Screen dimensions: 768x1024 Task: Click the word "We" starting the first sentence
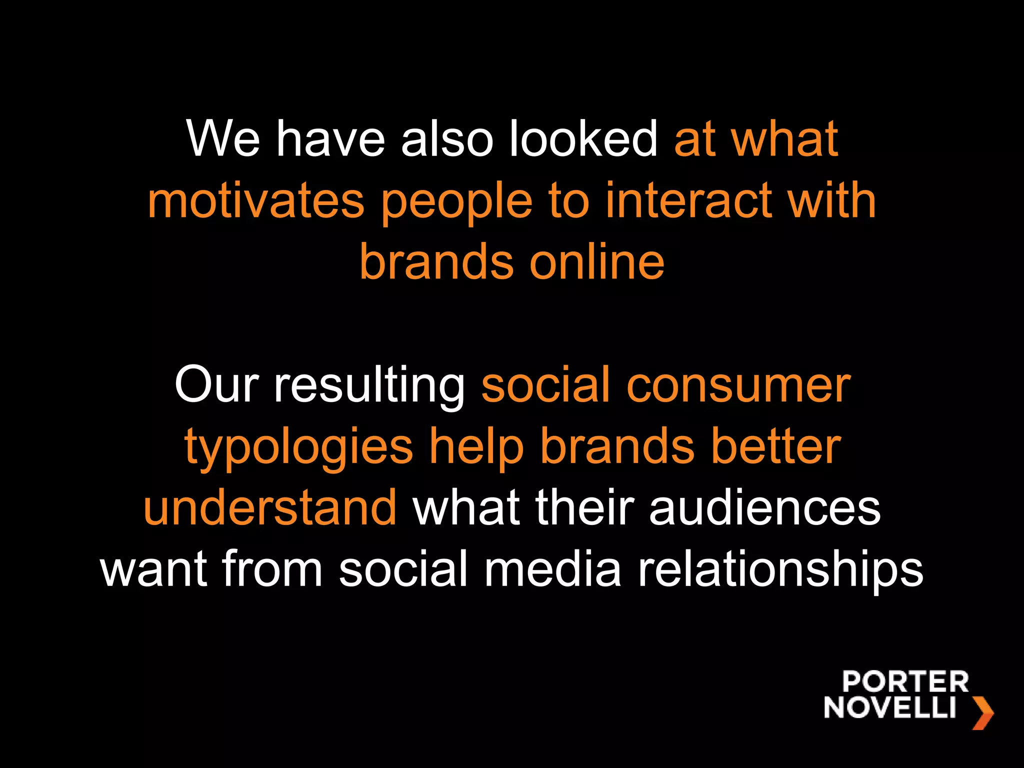click(223, 138)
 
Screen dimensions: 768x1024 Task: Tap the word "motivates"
click(256, 201)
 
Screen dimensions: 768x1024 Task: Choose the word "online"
click(597, 262)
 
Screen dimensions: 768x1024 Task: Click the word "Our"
click(216, 384)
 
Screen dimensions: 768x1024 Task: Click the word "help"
click(476, 446)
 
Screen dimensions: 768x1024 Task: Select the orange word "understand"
click(270, 508)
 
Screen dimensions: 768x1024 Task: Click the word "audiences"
click(764, 508)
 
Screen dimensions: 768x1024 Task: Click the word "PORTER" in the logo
click(905, 682)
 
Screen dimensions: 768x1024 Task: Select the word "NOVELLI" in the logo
click(890, 707)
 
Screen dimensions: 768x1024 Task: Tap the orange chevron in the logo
click(983, 712)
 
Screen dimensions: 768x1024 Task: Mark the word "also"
click(447, 138)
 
